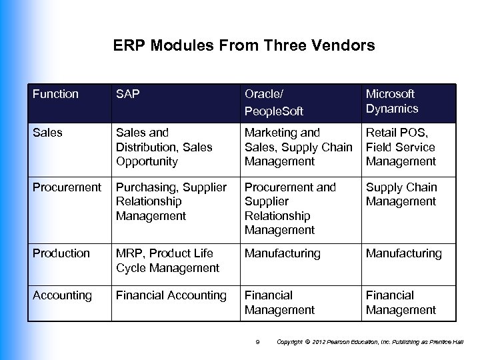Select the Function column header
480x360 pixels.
(55, 94)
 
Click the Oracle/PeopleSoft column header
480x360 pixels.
(273, 101)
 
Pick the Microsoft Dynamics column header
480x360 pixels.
(392, 101)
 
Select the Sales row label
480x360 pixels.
(47, 133)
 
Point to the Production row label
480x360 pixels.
(61, 253)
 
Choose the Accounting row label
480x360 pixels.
(62, 295)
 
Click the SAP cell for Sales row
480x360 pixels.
(164, 147)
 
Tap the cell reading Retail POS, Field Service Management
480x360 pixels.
(401, 147)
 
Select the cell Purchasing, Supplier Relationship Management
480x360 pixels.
(171, 201)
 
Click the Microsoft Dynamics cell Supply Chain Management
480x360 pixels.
(401, 194)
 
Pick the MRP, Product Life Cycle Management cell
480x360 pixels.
(167, 260)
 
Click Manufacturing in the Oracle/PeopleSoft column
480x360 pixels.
(283, 253)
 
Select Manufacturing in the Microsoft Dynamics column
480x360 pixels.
(403, 253)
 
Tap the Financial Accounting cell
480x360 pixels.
(171, 295)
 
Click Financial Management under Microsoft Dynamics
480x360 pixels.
(401, 302)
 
